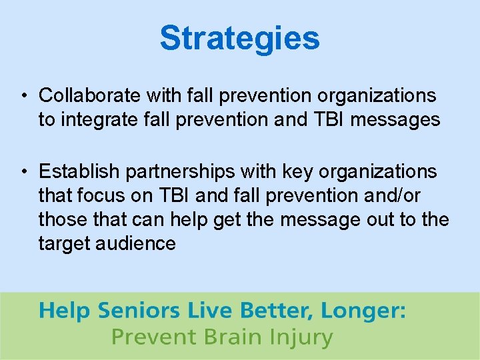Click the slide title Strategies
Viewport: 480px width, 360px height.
tap(239, 38)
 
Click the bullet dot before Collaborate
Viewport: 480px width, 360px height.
tap(24, 96)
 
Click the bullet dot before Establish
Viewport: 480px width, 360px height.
tap(24, 172)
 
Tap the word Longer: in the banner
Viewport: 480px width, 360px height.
tap(363, 311)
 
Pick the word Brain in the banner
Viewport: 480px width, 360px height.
tap(227, 337)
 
